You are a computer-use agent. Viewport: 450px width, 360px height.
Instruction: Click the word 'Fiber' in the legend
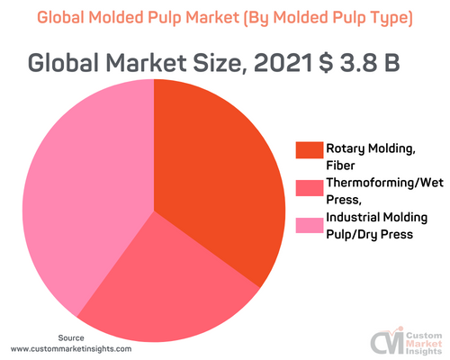pyautogui.click(x=341, y=165)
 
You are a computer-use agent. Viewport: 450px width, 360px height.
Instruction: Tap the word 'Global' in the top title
pyautogui.click(x=67, y=17)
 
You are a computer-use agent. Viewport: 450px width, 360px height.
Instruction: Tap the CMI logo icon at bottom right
pyautogui.click(x=385, y=342)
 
